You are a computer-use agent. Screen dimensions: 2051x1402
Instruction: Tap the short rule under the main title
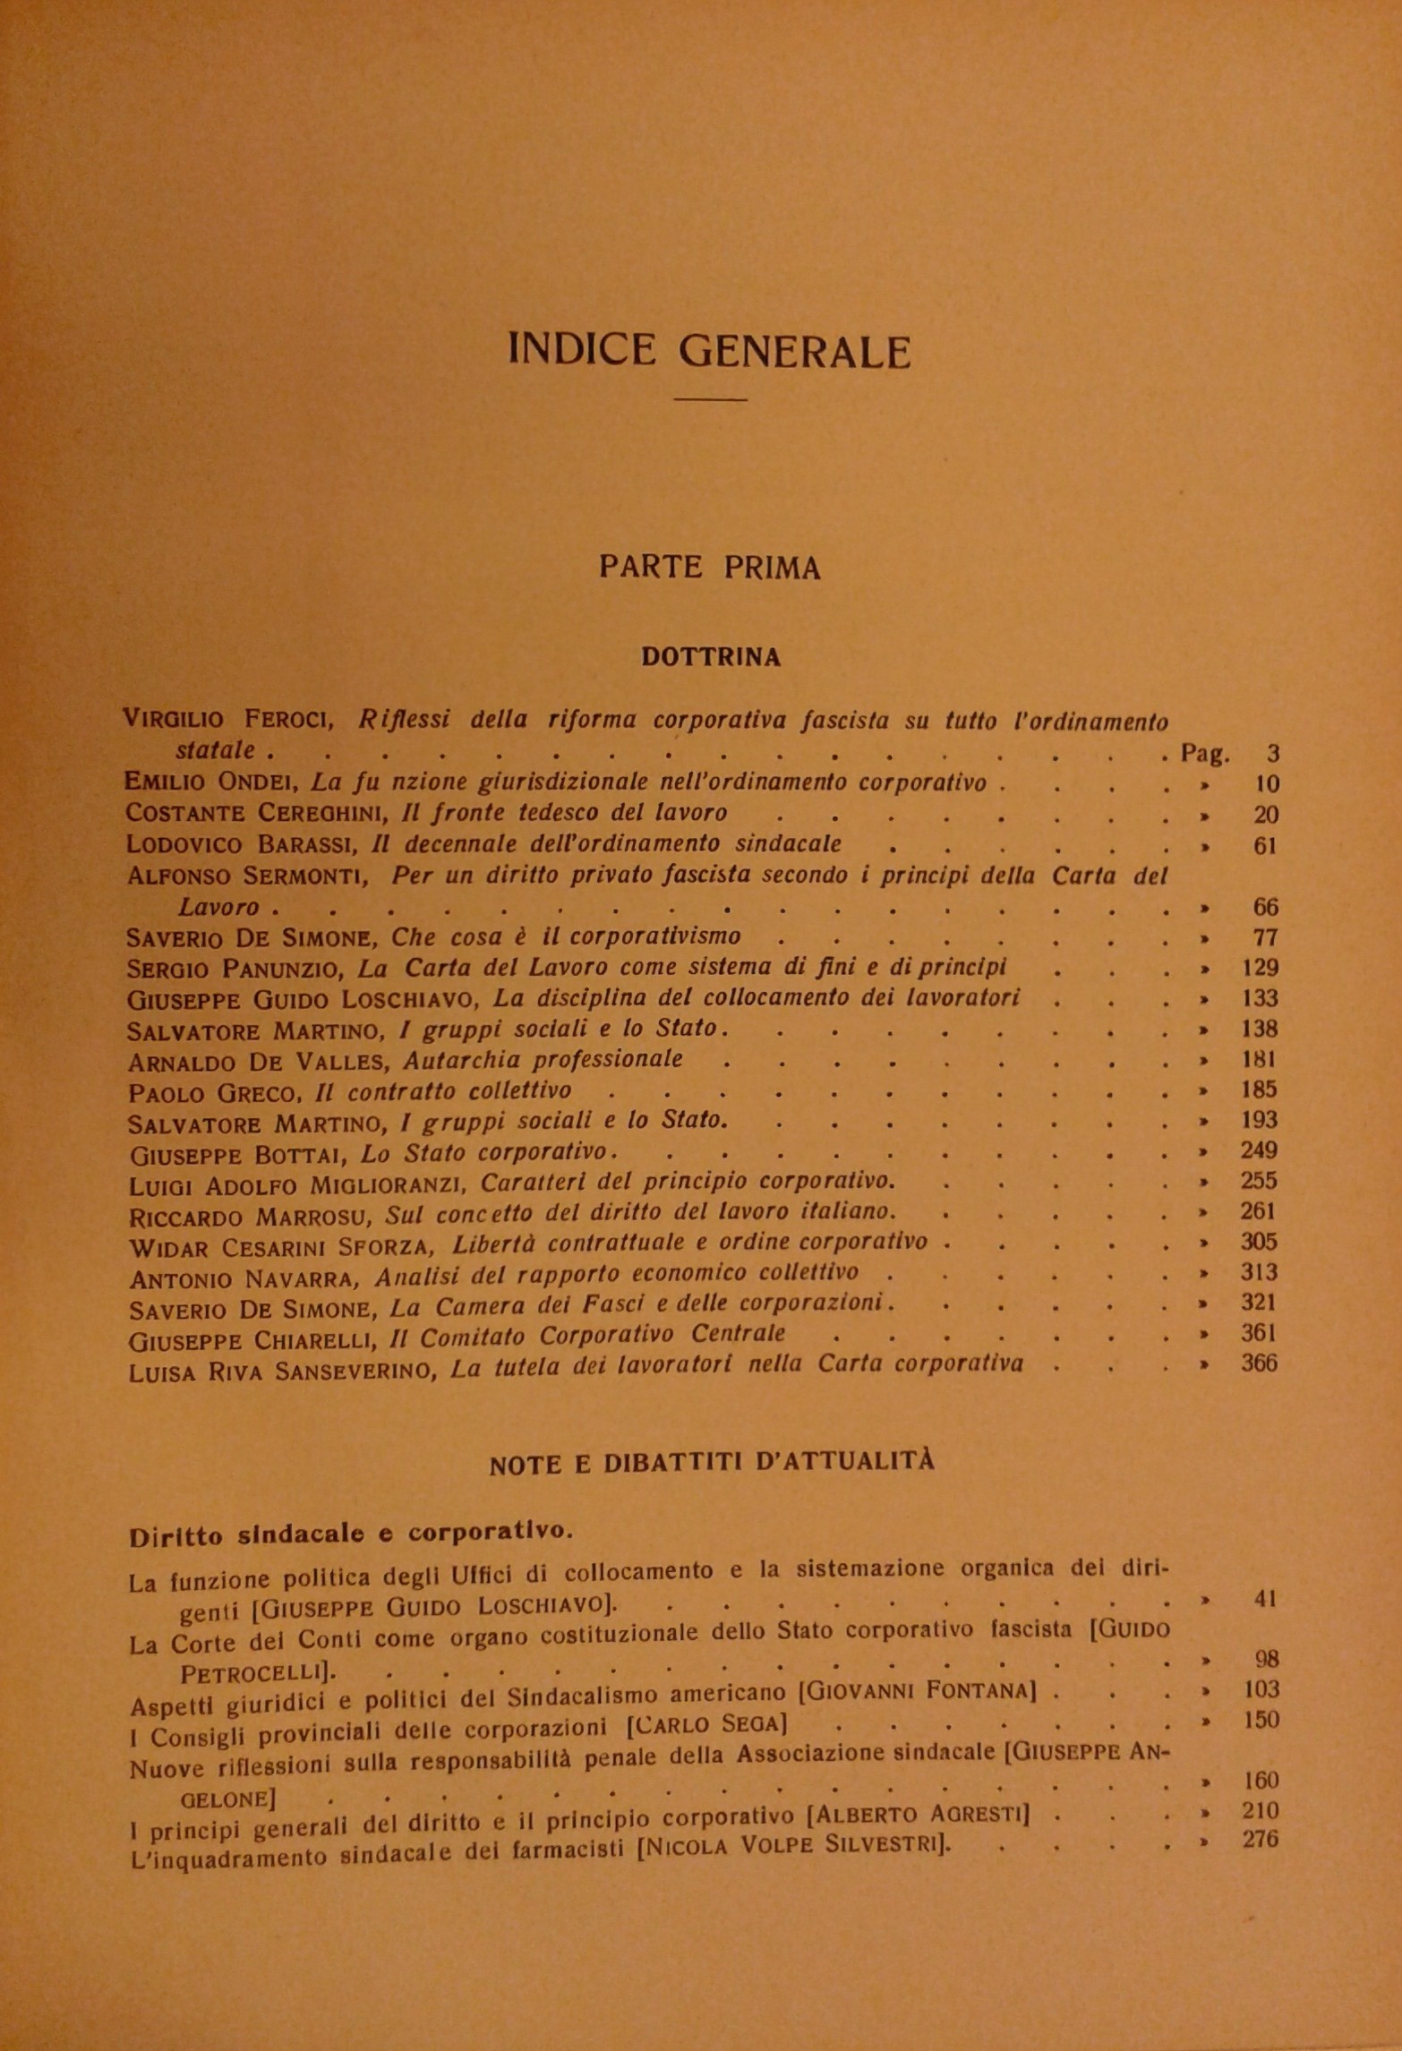(710, 399)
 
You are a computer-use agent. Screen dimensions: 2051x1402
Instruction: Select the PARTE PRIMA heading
(709, 568)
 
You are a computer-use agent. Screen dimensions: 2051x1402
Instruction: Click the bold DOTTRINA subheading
(711, 657)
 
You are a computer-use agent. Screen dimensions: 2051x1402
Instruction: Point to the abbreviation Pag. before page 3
(1205, 753)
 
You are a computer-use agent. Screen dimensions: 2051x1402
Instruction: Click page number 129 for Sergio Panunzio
(1259, 968)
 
